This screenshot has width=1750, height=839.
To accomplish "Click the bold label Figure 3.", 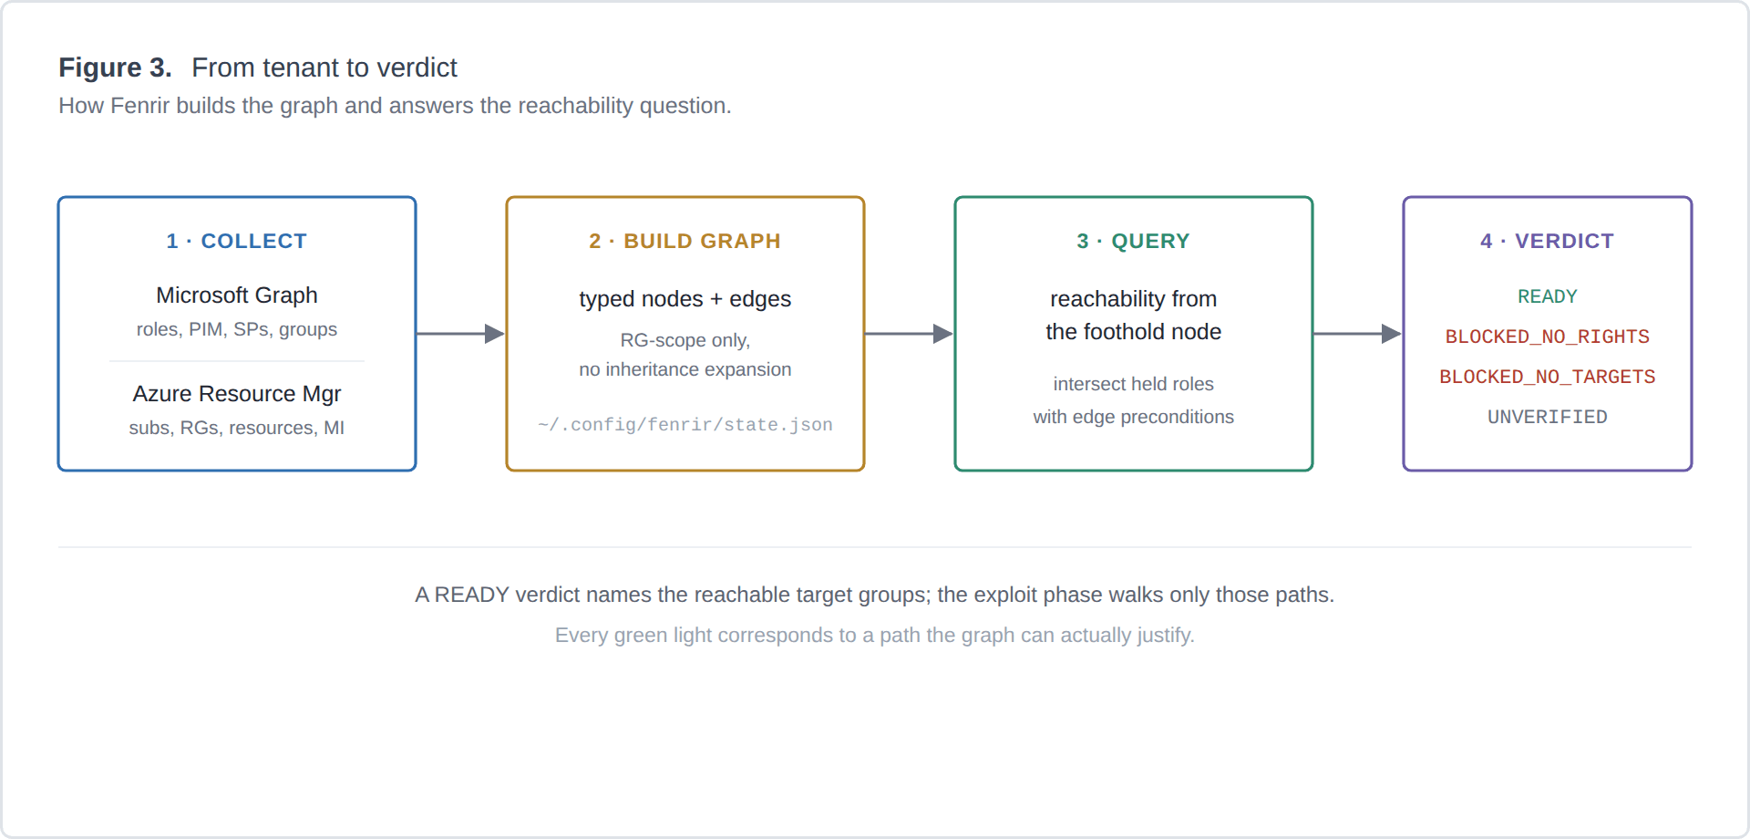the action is (115, 67).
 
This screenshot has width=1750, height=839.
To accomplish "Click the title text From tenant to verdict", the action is (324, 67).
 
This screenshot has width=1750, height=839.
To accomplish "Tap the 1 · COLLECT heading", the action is (237, 241).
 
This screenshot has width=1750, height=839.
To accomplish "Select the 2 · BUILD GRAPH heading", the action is (685, 241).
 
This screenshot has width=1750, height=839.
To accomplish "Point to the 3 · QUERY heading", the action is (1134, 241).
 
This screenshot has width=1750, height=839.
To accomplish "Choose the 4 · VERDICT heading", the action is (1548, 241).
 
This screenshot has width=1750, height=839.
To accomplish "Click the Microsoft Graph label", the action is (237, 295).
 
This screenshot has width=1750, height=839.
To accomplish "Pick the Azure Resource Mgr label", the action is (237, 394).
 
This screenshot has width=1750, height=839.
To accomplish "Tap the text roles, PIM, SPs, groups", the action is (237, 329).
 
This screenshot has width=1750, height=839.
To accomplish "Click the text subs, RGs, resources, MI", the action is (237, 428).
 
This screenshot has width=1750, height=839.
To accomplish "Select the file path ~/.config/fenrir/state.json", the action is (685, 425).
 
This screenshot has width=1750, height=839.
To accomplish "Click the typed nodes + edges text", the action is (685, 299).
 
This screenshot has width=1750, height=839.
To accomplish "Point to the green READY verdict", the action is (1548, 296).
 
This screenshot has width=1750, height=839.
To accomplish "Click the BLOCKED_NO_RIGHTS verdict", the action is (1548, 337).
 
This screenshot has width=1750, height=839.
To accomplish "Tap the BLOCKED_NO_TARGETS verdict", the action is (1548, 377).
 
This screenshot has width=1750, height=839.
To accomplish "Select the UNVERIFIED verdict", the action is (1548, 417).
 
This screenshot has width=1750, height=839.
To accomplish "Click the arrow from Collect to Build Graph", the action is (461, 334).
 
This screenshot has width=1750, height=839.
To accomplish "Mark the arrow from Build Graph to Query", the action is (910, 334).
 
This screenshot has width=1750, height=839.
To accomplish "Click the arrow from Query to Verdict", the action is (1358, 334).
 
